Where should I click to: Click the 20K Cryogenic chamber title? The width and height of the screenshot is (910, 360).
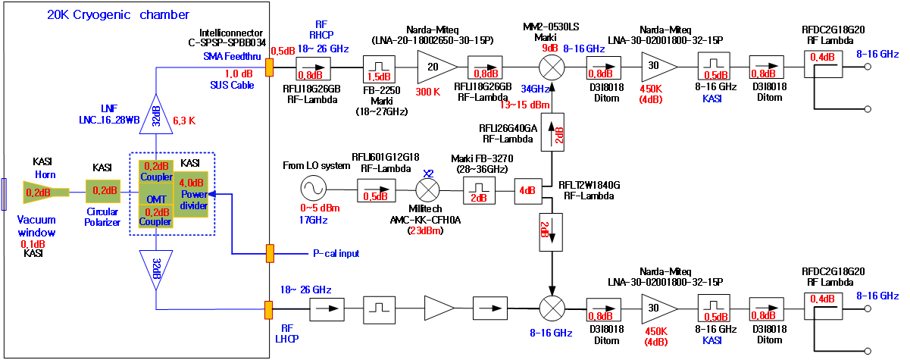click(x=117, y=14)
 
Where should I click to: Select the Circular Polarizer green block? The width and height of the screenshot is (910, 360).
click(x=102, y=192)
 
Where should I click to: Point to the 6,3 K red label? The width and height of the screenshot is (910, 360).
click(x=185, y=120)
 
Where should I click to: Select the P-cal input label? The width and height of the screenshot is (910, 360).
click(x=336, y=252)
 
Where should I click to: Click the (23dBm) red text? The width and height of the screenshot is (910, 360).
click(x=427, y=230)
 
